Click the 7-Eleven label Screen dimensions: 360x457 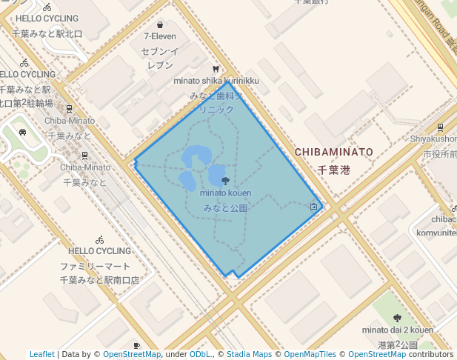[x=161, y=36]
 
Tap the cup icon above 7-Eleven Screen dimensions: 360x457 [x=161, y=24]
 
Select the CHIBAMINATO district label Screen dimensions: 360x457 [x=333, y=152]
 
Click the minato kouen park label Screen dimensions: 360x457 [x=225, y=193]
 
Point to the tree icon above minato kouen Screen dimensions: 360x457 [x=225, y=181]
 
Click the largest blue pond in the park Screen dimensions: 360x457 [x=196, y=157]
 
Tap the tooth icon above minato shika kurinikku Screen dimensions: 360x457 [x=216, y=69]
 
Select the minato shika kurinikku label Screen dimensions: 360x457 [x=216, y=80]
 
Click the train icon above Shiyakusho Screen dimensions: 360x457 [x=441, y=127]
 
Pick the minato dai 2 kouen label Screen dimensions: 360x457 [x=398, y=330]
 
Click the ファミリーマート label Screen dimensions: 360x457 [x=95, y=267]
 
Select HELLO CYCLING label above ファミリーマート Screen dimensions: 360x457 [x=99, y=251]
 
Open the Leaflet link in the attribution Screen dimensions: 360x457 [x=42, y=355]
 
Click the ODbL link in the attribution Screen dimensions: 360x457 [x=200, y=355]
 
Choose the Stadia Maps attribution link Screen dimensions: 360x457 [x=248, y=355]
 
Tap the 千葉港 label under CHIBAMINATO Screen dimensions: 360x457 [x=333, y=170]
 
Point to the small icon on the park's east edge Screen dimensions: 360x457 [x=314, y=207]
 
